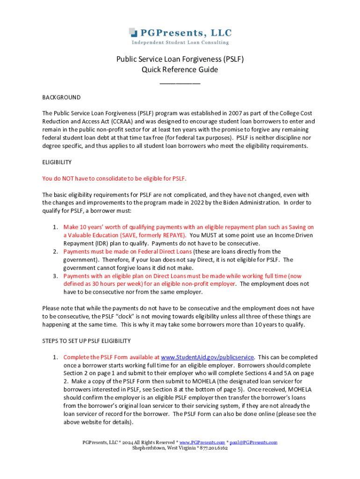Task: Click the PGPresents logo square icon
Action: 133,32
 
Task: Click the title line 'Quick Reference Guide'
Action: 180,70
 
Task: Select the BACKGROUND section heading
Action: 61,98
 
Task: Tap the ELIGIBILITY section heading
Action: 57,162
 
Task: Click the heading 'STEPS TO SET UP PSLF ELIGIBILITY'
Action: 86,341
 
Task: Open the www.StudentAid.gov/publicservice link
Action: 207,357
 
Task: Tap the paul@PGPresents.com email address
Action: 253,442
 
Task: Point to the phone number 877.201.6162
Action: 213,448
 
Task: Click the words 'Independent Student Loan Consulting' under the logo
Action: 180,43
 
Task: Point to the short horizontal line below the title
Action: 180,83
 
